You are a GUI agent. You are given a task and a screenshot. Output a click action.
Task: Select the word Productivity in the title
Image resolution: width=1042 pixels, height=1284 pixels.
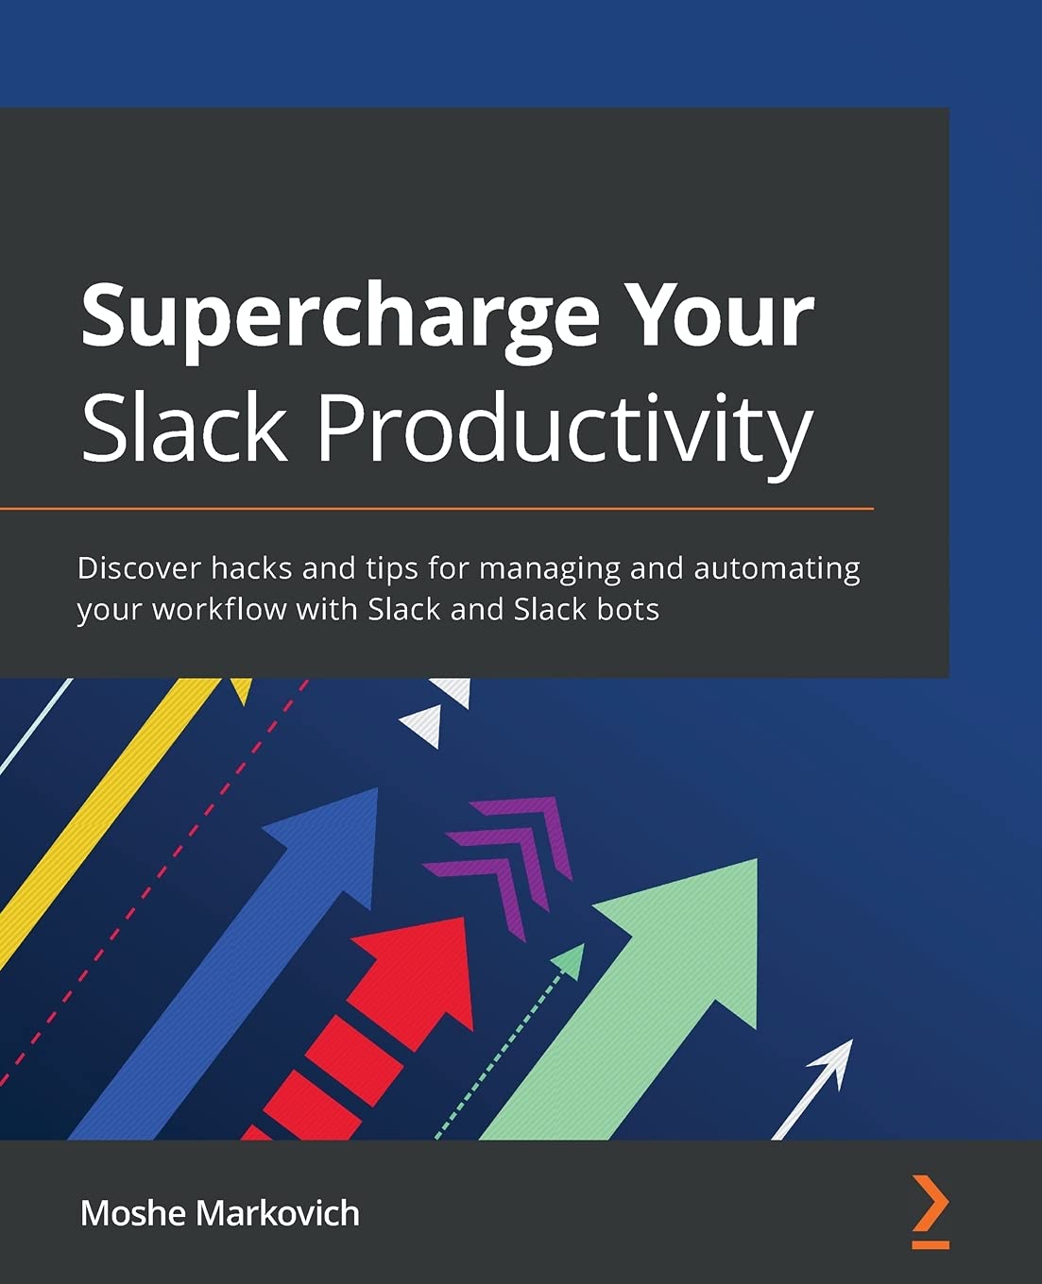coord(564,430)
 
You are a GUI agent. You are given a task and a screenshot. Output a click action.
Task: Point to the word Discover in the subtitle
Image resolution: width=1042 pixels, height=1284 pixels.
coord(139,568)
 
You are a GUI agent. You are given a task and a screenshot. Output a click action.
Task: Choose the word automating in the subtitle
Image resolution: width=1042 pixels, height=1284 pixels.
coord(777,569)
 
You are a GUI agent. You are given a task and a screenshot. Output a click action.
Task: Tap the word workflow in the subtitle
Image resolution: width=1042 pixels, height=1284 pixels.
coord(219,610)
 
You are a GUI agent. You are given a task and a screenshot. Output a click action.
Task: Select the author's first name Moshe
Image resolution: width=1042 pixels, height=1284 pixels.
coord(133,1213)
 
